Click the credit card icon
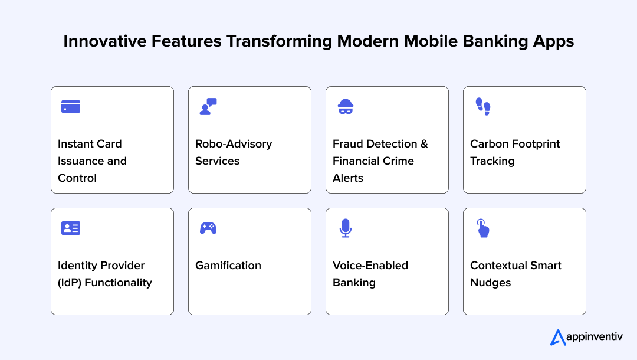click(71, 107)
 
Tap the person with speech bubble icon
click(208, 106)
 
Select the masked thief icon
click(345, 107)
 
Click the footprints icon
click(483, 106)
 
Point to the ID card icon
click(71, 228)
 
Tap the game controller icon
click(208, 228)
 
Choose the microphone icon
click(346, 228)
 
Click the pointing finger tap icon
click(483, 228)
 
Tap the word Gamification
click(228, 266)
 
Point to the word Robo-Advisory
click(234, 144)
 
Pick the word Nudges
click(491, 283)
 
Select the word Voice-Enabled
click(370, 266)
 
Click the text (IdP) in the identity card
click(70, 283)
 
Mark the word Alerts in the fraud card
click(348, 178)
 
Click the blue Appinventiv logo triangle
click(557, 338)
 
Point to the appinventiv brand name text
click(595, 338)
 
